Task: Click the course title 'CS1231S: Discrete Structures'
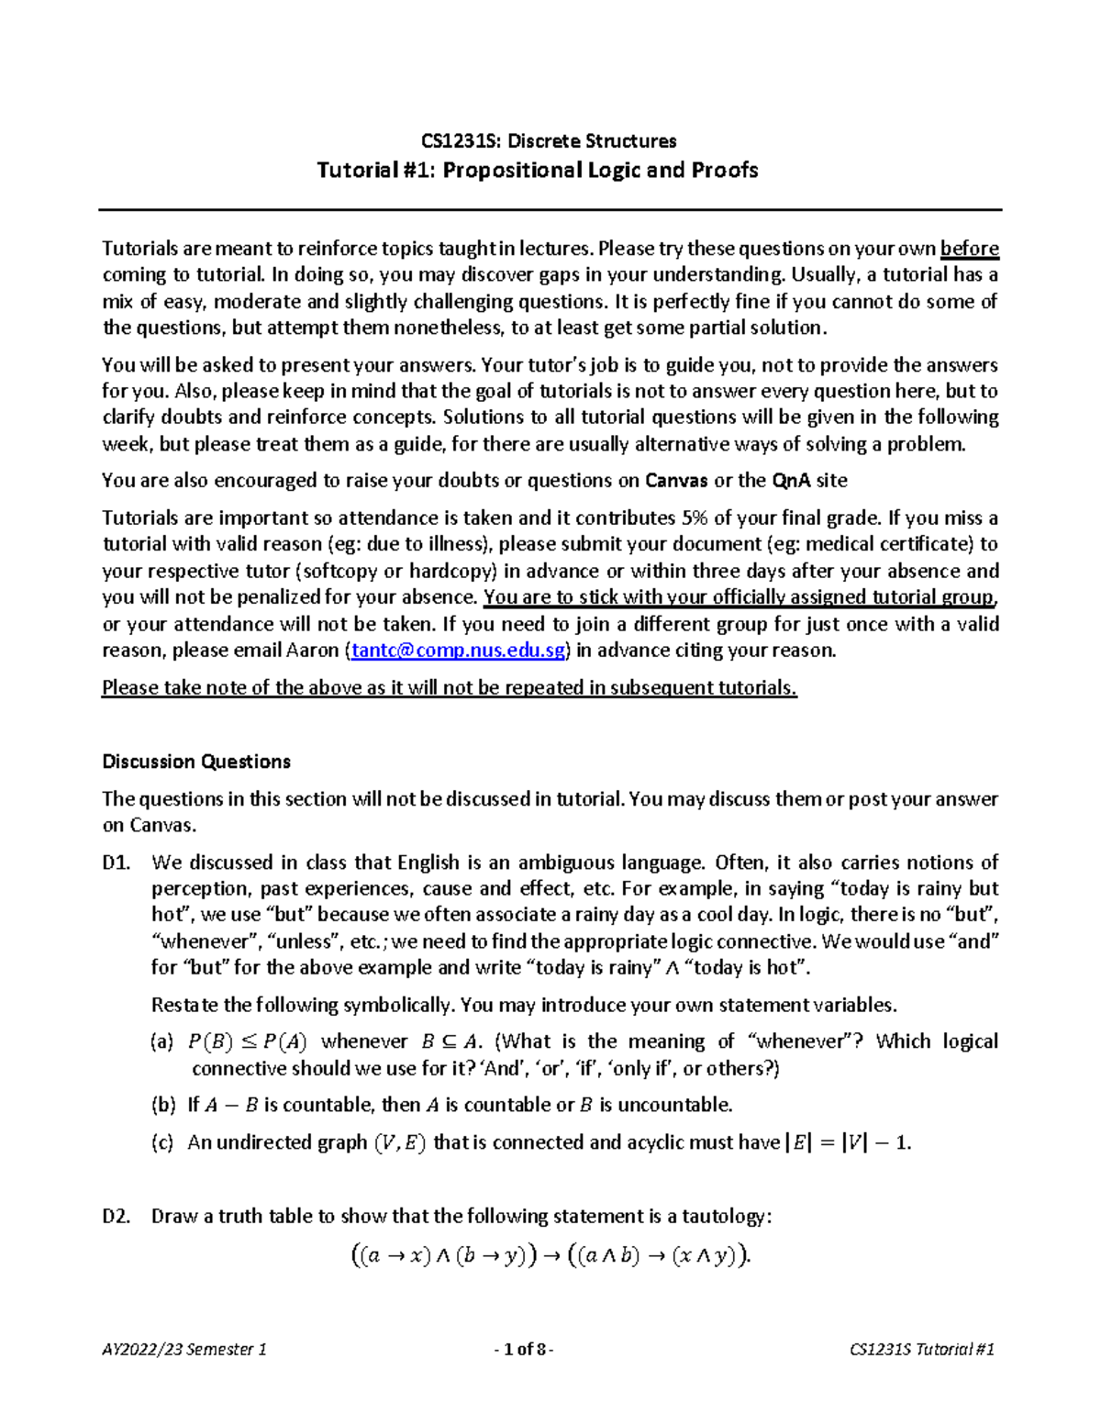[549, 141]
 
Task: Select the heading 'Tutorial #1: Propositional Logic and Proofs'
[538, 171]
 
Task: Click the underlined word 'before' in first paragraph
[970, 249]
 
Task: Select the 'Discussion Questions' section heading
[196, 762]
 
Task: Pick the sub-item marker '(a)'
[162, 1042]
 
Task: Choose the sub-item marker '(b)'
[162, 1105]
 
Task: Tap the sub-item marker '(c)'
[162, 1142]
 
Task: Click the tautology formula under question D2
[550, 1256]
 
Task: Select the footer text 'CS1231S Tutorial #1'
[922, 1350]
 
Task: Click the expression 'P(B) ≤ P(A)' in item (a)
[248, 1042]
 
